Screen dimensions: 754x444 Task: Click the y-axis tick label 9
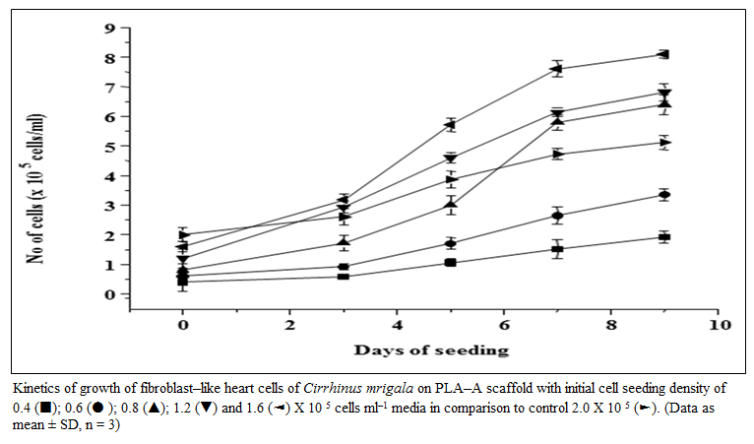click(110, 29)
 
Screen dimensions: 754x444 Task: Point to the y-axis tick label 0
click(110, 294)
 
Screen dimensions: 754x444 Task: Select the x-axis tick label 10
click(720, 325)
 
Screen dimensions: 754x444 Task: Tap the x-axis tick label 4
click(398, 325)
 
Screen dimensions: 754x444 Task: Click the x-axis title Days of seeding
click(431, 350)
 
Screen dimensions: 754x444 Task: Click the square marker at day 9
click(664, 237)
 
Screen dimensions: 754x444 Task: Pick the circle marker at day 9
click(664, 195)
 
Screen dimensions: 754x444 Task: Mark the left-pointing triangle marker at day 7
click(557, 69)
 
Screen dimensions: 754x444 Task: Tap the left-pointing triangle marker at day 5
click(450, 125)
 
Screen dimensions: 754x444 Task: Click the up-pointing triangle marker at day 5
click(450, 204)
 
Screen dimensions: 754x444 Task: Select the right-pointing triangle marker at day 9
click(665, 143)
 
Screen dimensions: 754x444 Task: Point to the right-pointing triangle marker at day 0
click(183, 234)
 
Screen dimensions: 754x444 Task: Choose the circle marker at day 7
click(557, 216)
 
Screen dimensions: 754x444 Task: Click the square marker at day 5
click(450, 262)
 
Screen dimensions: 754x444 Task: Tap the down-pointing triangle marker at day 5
click(450, 159)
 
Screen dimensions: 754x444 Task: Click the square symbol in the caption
click(45, 409)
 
